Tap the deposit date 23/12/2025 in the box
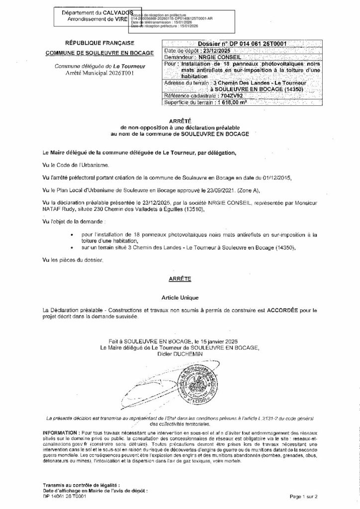(x=210, y=51)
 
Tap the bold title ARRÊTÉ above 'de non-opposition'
(x=180, y=121)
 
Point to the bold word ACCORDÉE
(x=286, y=310)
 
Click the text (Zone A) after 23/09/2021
(x=252, y=190)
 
